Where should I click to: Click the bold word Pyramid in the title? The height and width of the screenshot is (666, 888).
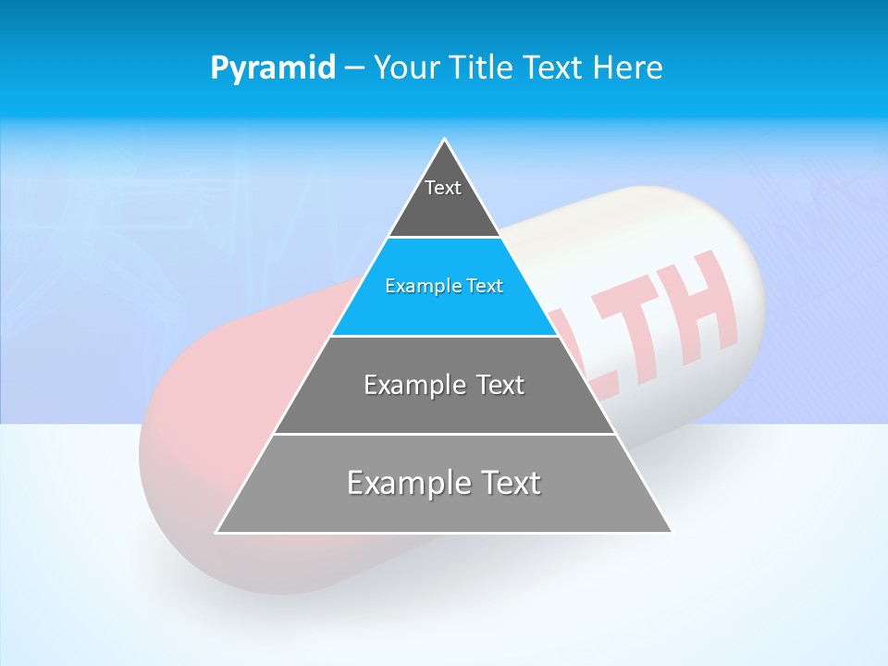(x=273, y=68)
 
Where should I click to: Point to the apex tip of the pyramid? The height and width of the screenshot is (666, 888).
(x=445, y=140)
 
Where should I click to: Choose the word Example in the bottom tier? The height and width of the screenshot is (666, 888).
(x=407, y=483)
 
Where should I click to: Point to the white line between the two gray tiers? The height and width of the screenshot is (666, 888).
(x=444, y=434)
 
